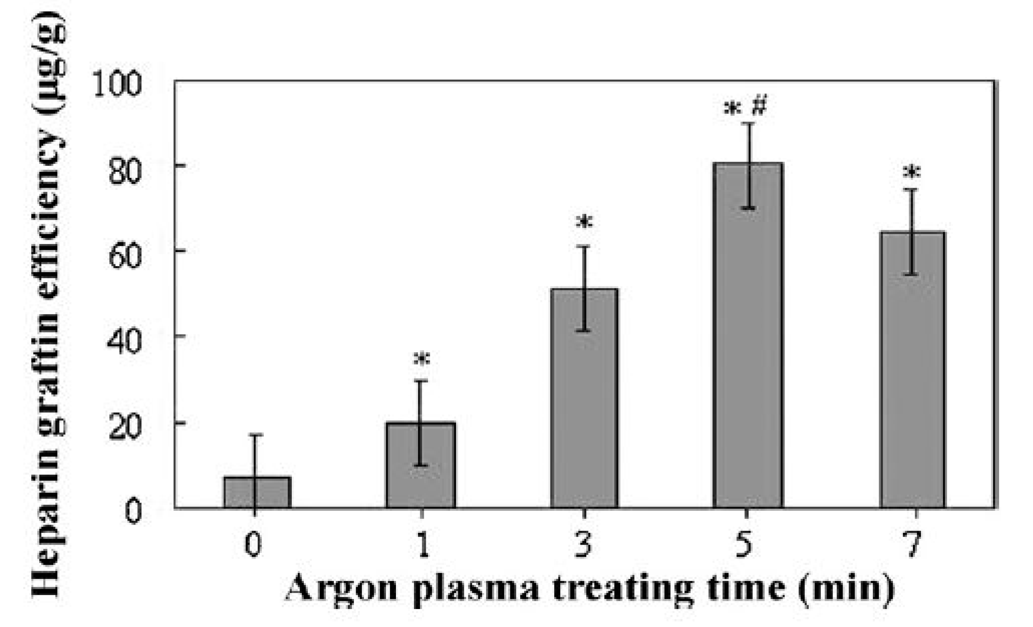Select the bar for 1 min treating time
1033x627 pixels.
pyautogui.click(x=421, y=466)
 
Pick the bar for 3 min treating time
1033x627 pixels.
pyautogui.click(x=584, y=399)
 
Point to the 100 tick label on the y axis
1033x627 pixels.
pyautogui.click(x=117, y=84)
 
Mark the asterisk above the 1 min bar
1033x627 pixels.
pyautogui.click(x=422, y=359)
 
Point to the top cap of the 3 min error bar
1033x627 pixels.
pyautogui.click(x=584, y=246)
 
